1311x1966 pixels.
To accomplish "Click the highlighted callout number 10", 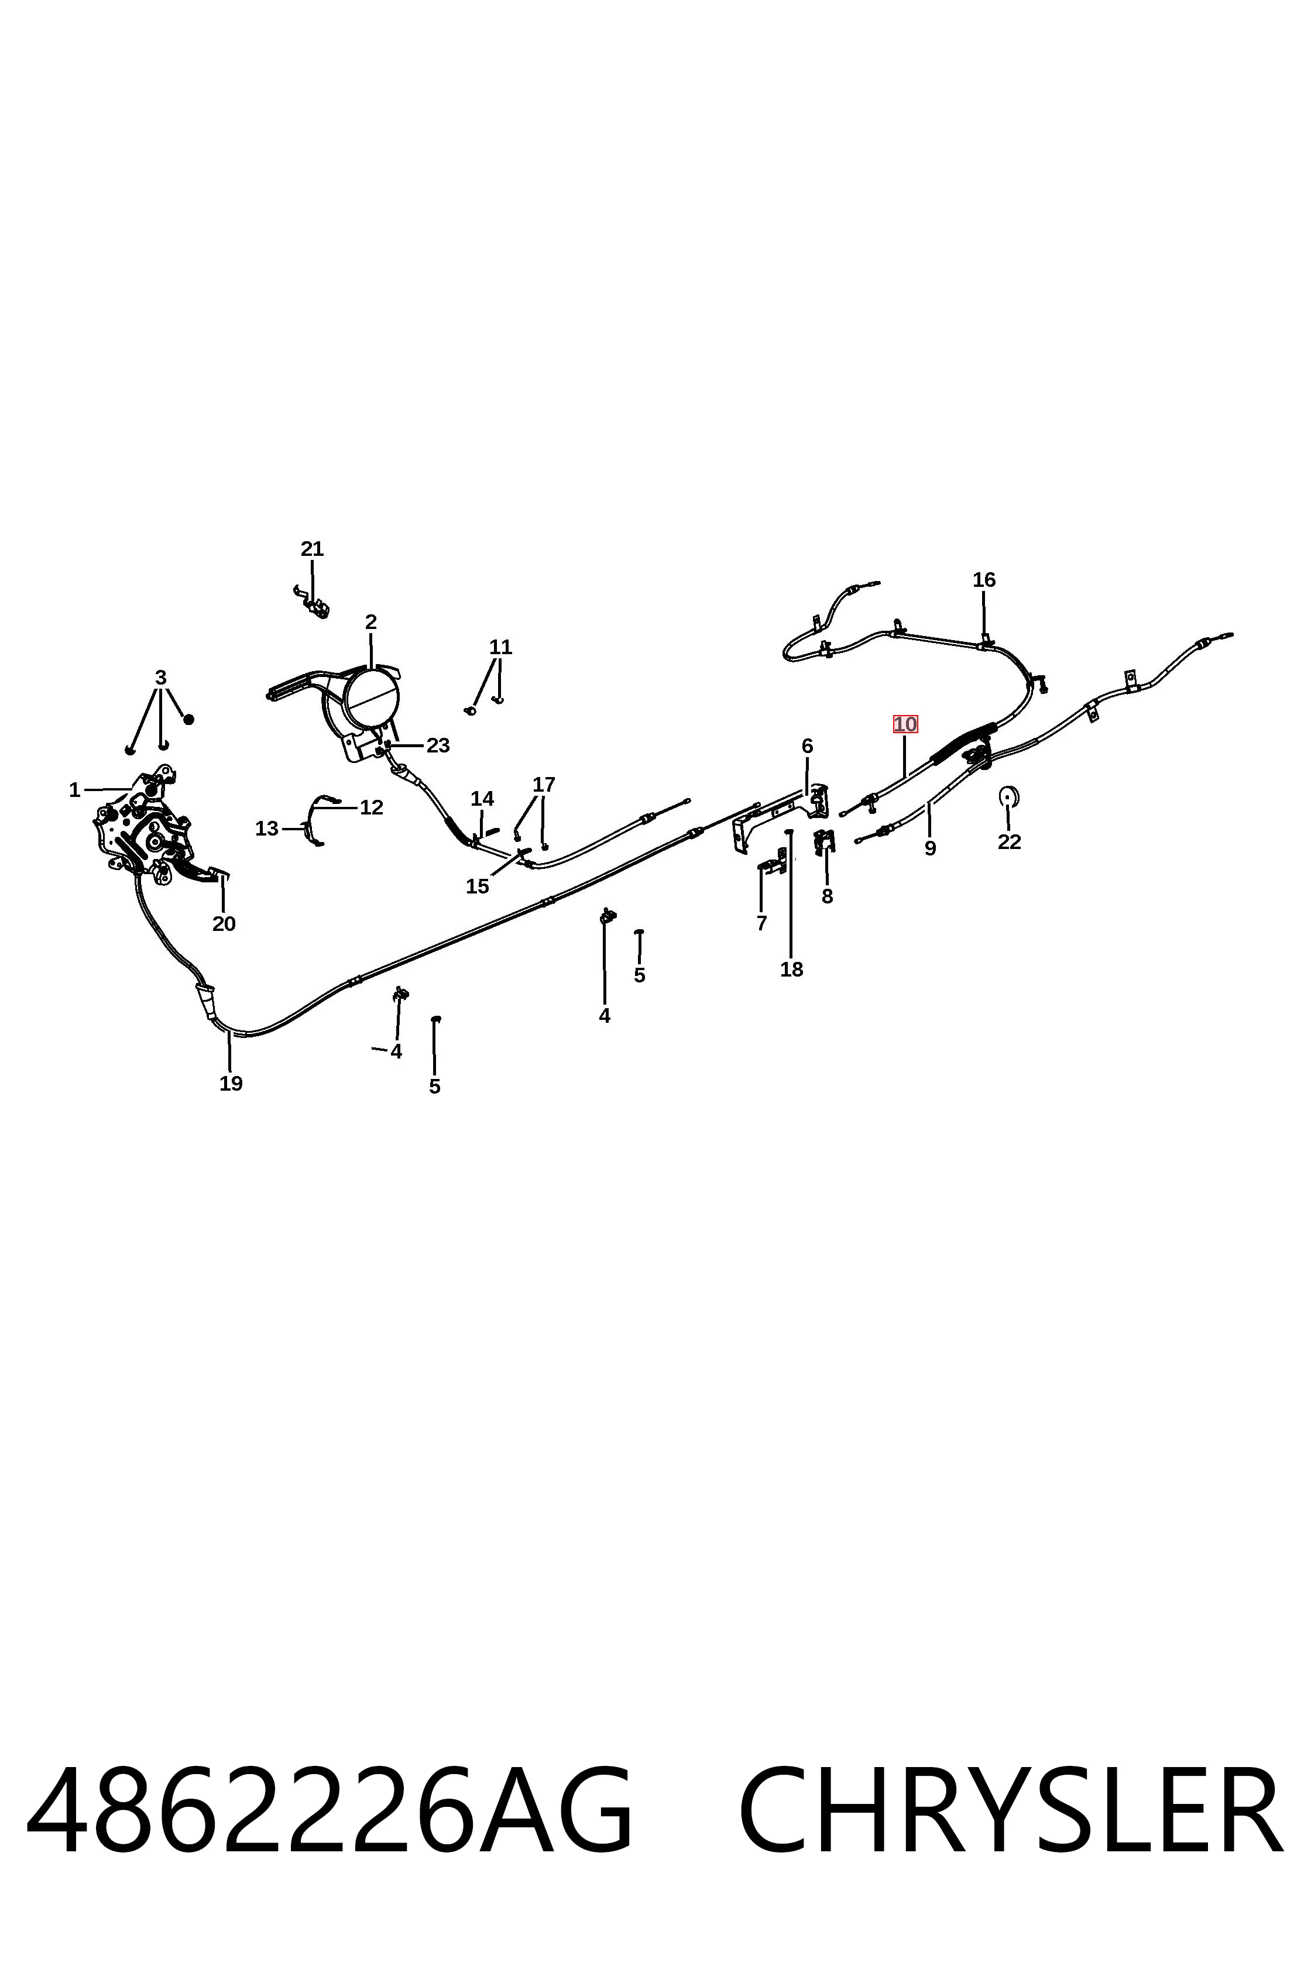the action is [905, 724].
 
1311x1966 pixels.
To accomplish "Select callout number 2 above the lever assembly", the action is [370, 622].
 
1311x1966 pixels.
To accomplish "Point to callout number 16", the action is [984, 579].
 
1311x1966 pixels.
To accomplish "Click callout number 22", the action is [1009, 842].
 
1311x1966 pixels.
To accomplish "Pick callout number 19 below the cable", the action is [231, 1083].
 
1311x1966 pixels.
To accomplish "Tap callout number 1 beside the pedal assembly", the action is [74, 790].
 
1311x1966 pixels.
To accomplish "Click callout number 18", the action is [791, 970].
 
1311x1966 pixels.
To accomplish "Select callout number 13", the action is [266, 829].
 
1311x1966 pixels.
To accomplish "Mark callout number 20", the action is [223, 924].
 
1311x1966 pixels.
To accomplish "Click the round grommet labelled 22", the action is [1008, 796].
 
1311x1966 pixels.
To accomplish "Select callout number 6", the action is [807, 745].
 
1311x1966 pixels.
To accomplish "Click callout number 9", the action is [930, 848].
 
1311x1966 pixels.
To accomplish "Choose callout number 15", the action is [478, 886].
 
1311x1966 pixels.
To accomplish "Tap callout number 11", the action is [500, 647].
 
